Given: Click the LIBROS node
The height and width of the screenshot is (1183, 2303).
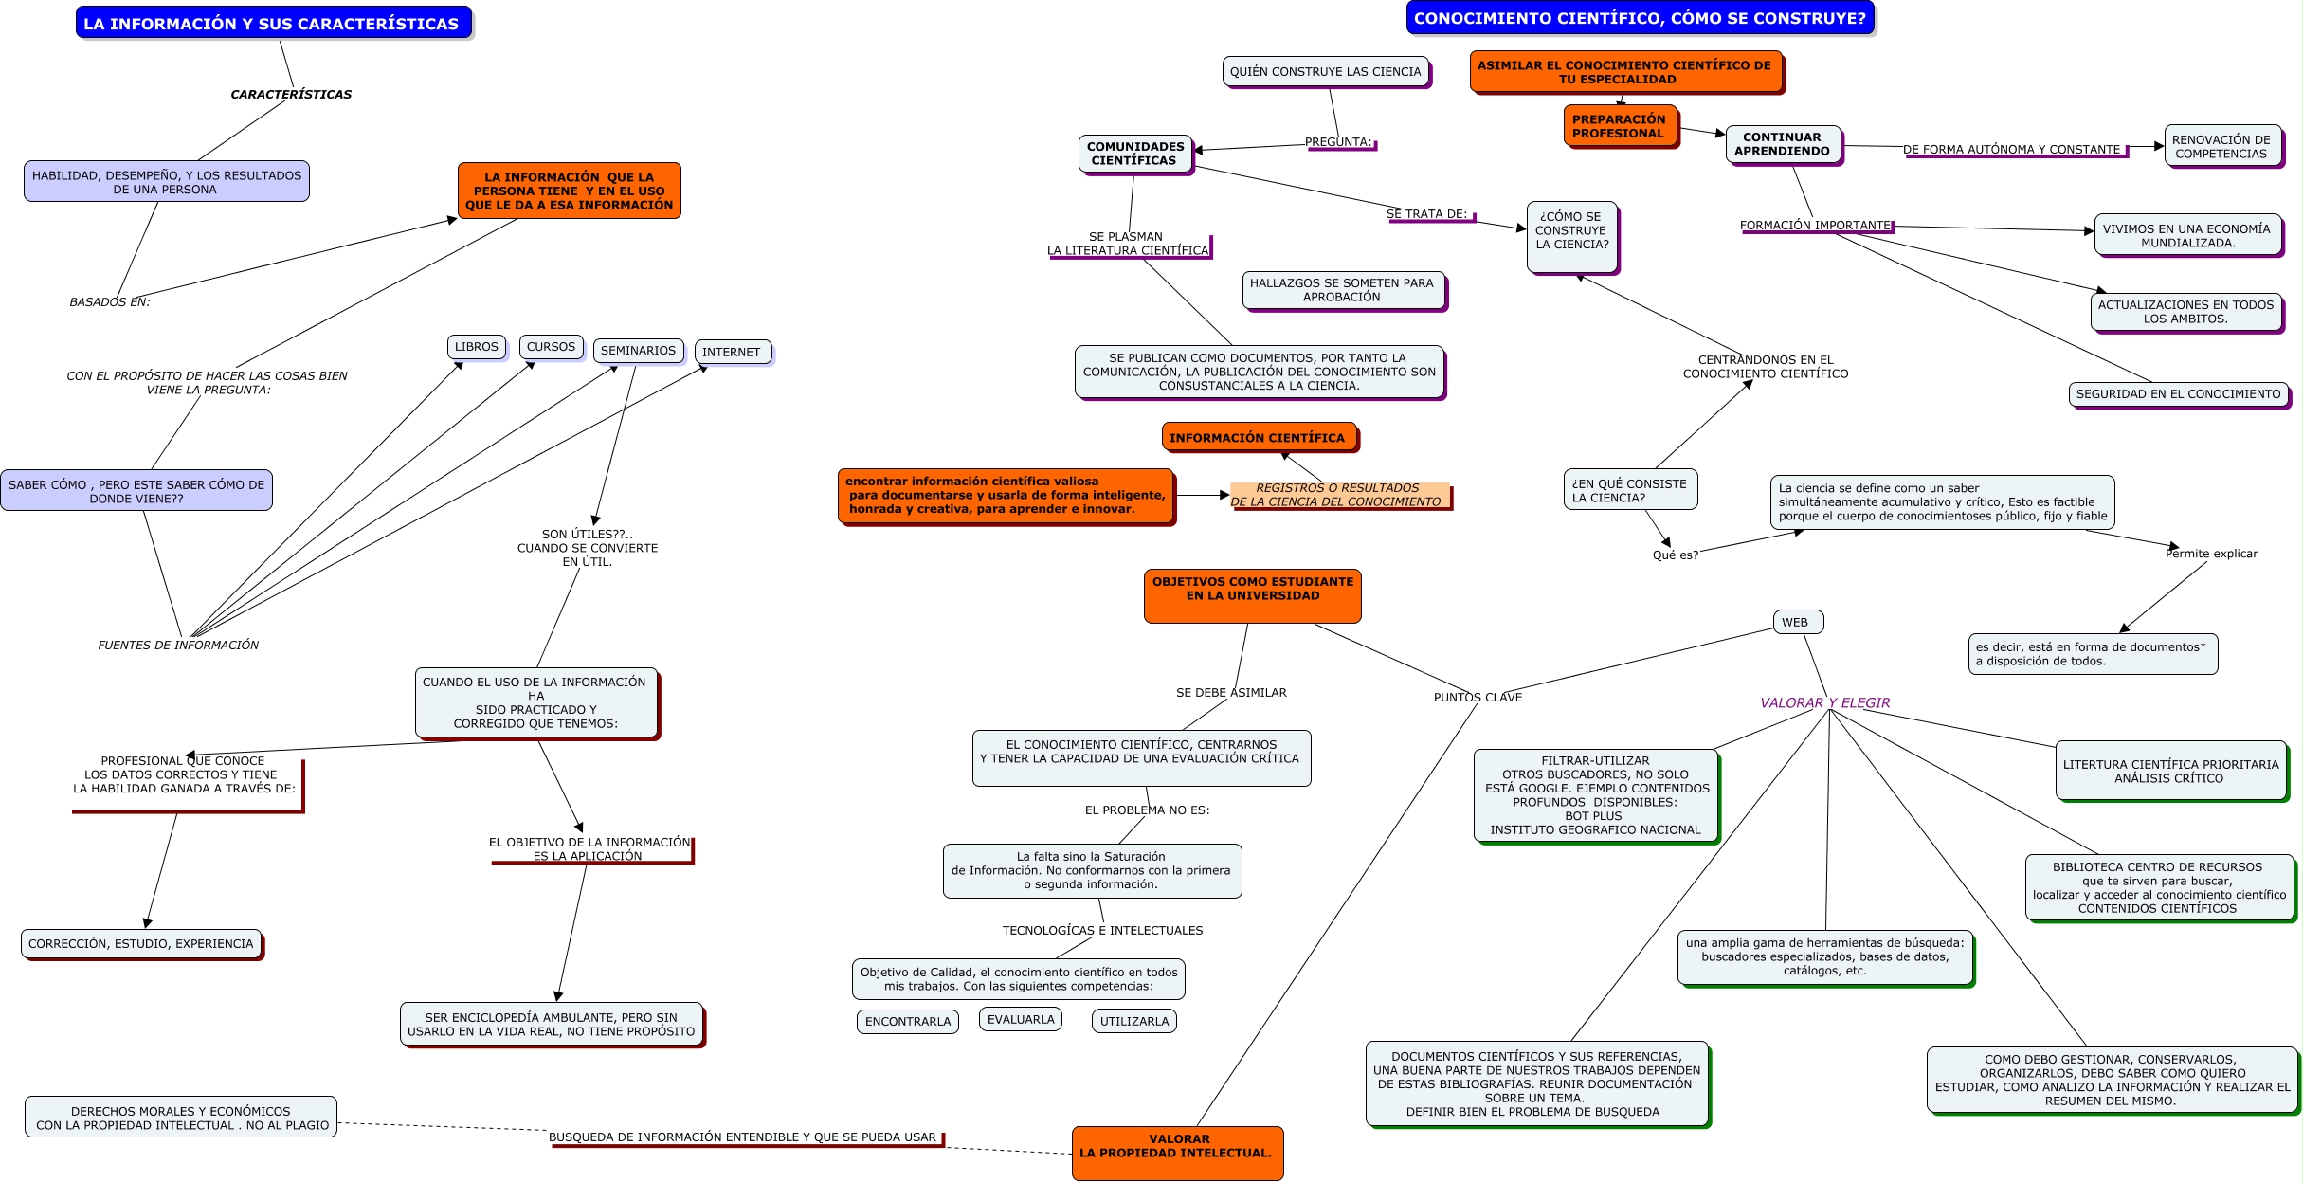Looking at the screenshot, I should [476, 347].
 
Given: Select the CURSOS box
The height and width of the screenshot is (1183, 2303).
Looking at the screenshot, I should [551, 347].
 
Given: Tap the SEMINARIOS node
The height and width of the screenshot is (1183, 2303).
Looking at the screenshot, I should [638, 351].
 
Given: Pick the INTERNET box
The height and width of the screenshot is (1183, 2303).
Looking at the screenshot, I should [732, 352].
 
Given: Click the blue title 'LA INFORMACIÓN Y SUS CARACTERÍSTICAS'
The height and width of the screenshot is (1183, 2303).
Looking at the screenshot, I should [272, 24].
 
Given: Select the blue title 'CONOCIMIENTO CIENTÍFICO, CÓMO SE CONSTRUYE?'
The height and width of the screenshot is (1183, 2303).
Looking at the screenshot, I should [1640, 18].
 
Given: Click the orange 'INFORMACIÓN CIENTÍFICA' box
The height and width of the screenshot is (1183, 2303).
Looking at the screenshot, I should [1258, 438].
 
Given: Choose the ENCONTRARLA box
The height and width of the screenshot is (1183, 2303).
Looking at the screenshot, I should [907, 1022].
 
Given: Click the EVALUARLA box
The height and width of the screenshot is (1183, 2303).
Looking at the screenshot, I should [1020, 1020].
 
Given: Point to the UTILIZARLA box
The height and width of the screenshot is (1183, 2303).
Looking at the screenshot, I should [1133, 1022].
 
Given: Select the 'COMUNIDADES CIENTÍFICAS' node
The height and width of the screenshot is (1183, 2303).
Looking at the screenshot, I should [1134, 154].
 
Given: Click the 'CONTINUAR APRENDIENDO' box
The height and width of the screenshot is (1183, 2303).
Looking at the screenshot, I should [1782, 144].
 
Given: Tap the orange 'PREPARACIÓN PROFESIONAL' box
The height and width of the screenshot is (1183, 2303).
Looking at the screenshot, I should [1619, 126].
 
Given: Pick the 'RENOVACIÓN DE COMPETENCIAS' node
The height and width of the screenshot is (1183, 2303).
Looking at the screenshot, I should [2221, 147].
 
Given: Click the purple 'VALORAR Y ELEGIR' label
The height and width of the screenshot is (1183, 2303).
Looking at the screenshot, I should [1824, 703].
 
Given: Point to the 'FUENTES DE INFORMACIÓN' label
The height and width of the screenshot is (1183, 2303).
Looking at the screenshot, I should [178, 646].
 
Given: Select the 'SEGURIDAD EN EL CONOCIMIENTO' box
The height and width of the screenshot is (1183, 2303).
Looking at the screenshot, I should [2178, 394].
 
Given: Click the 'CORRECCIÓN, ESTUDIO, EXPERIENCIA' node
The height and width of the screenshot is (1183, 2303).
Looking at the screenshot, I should [140, 944].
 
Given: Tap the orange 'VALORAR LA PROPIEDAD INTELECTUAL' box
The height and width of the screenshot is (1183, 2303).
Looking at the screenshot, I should [1177, 1152].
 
